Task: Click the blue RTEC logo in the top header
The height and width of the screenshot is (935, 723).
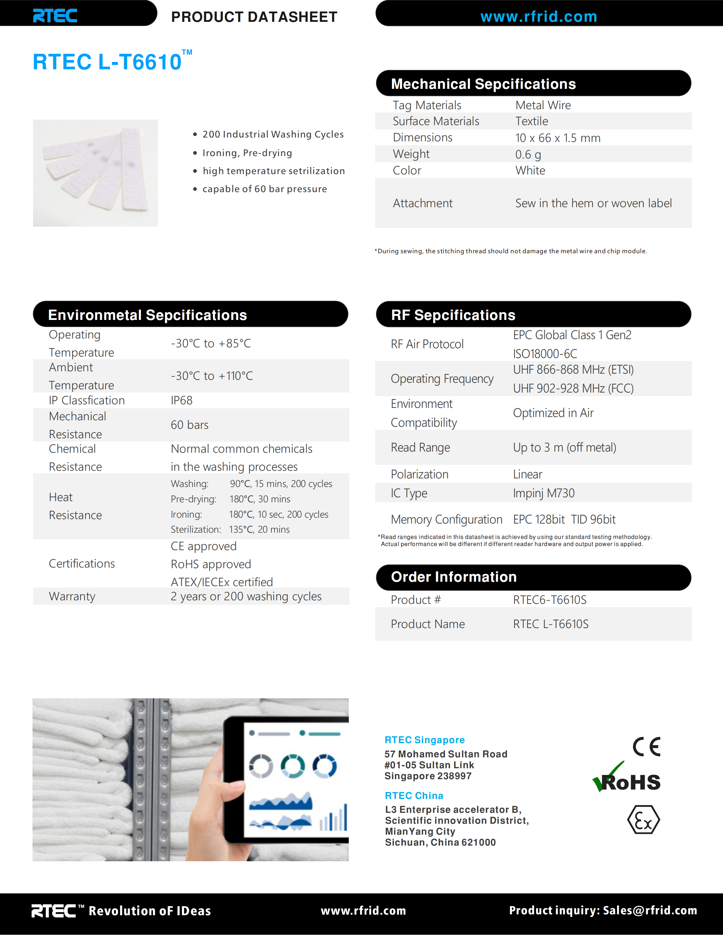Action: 55,16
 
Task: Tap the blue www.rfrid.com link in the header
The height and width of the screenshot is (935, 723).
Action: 538,17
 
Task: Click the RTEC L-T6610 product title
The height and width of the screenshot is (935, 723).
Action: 108,62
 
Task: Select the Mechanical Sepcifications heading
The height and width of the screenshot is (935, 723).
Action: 483,84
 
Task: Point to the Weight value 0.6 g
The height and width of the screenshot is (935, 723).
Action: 528,154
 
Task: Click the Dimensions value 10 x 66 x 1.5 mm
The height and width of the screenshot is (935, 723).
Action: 557,138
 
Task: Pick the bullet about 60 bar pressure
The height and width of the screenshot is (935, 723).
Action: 264,189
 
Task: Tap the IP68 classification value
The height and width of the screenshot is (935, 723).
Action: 182,400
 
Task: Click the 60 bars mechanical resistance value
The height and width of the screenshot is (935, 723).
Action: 189,425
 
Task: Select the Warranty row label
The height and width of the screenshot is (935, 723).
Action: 72,596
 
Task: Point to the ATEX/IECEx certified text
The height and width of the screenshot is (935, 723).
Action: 222,582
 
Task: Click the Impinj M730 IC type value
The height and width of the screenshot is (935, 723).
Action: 543,493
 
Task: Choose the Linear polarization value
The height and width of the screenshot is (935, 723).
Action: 527,474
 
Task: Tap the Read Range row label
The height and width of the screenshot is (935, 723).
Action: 420,447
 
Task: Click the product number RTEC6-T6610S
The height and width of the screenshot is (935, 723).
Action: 550,600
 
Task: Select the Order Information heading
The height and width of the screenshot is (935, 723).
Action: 454,577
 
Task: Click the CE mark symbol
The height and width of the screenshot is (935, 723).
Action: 646,747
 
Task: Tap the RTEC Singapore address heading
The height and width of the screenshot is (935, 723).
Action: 424,740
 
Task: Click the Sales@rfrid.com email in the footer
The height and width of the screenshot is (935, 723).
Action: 650,911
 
